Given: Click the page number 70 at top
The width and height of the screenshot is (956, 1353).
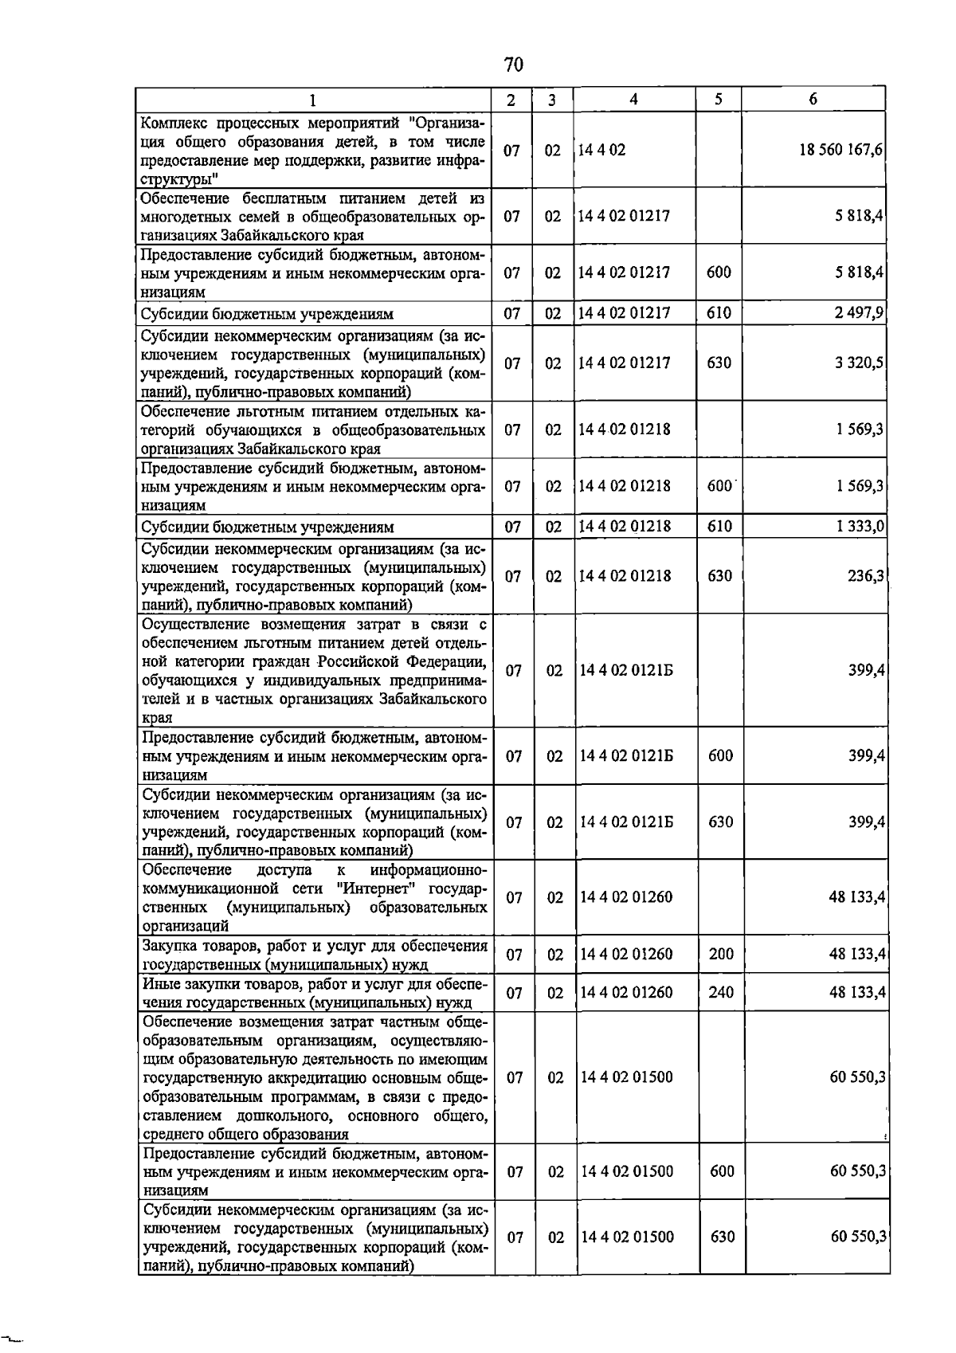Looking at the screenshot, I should [x=514, y=64].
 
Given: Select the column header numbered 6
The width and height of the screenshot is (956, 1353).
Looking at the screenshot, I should [x=812, y=100].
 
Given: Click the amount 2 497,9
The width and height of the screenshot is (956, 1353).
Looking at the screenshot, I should [x=859, y=313].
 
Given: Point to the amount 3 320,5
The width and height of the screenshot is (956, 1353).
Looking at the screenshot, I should [x=859, y=363].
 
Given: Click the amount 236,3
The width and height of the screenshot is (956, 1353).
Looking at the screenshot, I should [x=866, y=576].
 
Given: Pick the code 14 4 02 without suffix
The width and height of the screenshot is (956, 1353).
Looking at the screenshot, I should [x=602, y=150].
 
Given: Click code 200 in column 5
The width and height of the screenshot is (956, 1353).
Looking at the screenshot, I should [x=720, y=955].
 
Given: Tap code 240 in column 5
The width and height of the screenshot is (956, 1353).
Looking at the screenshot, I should [x=720, y=993].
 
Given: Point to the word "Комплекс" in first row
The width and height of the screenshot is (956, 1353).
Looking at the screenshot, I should [x=171, y=123].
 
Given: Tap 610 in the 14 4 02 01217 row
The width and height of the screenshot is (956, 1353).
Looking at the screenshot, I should [x=719, y=313].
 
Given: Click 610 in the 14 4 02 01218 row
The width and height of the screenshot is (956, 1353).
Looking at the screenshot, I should [x=719, y=527].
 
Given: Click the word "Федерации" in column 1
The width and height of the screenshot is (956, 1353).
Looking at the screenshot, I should [x=450, y=661].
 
